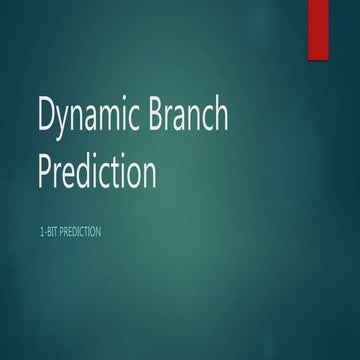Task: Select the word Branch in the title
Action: click(191, 118)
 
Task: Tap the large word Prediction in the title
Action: click(97, 171)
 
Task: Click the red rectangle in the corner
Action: click(318, 28)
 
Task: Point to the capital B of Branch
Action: click(160, 118)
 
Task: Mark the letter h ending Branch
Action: click(220, 118)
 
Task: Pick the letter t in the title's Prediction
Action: click(120, 171)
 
